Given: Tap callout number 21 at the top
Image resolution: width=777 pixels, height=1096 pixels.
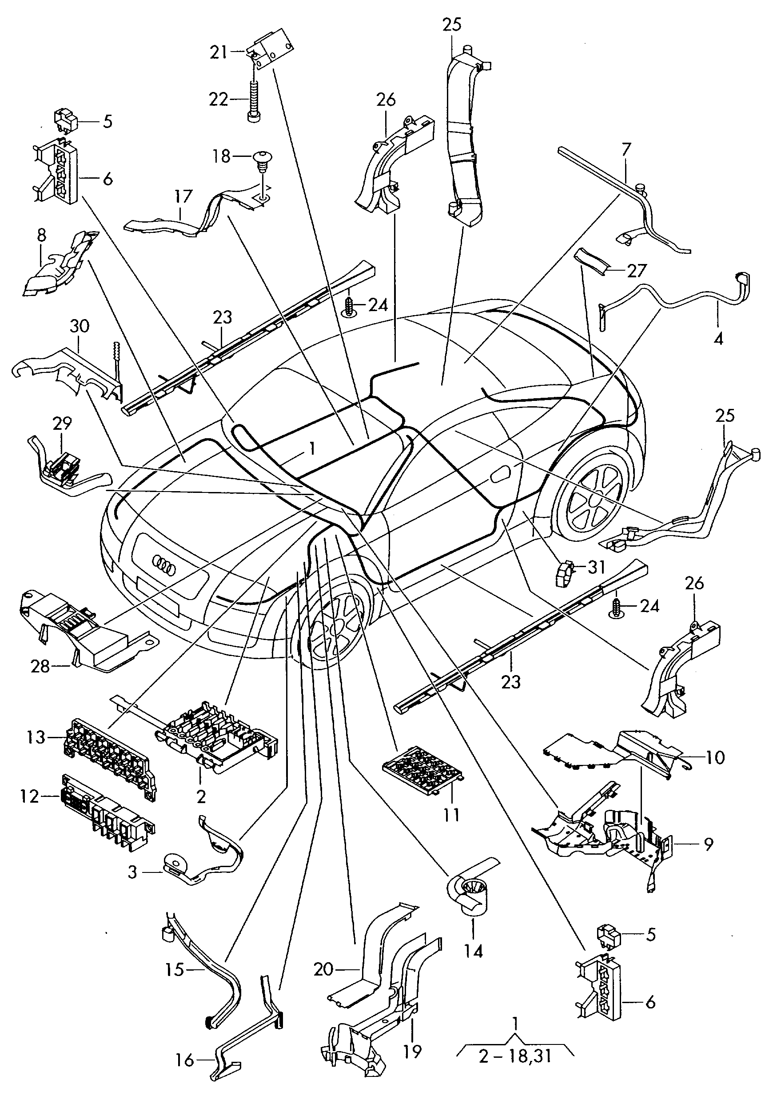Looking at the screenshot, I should coord(219,52).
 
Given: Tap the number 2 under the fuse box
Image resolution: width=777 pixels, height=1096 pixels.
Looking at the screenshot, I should coord(201,796).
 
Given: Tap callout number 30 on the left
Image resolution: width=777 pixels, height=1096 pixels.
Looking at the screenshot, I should coord(80,326).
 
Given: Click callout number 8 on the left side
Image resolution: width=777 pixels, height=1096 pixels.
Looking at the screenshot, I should coord(41,236).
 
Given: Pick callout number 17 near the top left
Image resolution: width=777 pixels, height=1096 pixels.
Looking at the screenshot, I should coord(183,197).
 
